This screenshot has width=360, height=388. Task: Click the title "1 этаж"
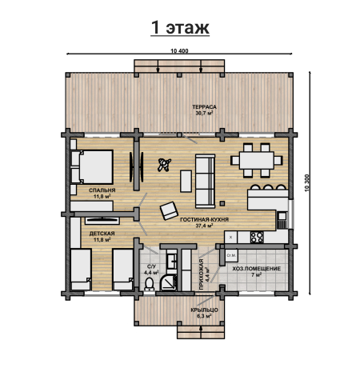tap(180, 27)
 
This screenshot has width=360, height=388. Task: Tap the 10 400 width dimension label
tap(179, 51)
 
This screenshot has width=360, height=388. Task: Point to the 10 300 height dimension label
tap(306, 183)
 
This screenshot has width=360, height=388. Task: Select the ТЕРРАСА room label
tap(204, 107)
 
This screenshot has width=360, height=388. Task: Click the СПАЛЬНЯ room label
tap(102, 190)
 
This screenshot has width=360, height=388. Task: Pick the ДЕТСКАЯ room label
tap(102, 234)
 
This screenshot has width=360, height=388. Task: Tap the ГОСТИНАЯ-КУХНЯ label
tap(204, 219)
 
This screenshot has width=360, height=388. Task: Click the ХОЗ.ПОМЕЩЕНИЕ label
tap(256, 269)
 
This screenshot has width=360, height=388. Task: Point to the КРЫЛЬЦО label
tap(204, 310)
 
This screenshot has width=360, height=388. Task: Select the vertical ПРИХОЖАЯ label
tap(201, 274)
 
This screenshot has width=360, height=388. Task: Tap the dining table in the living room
tap(257, 160)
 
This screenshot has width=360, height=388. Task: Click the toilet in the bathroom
tap(150, 284)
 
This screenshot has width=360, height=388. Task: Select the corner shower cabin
tap(168, 282)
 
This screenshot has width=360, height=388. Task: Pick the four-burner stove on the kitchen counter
tap(257, 237)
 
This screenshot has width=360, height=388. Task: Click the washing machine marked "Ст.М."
tap(231, 255)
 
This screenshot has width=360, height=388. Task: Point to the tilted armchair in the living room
tap(169, 210)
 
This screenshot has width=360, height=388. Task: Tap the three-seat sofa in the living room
tap(205, 181)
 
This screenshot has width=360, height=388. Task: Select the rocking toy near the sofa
tap(164, 165)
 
